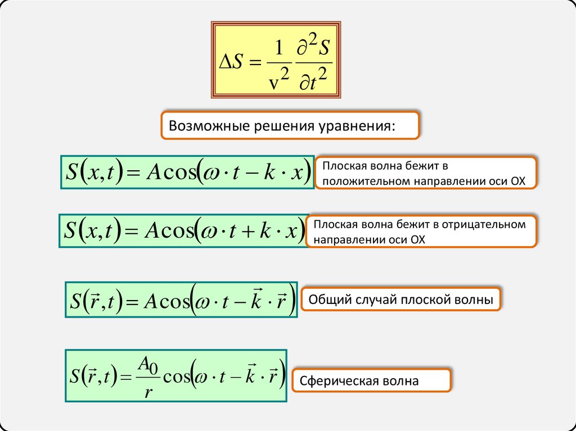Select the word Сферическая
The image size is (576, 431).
pos(341,381)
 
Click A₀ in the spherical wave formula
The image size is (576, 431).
pos(148,366)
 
